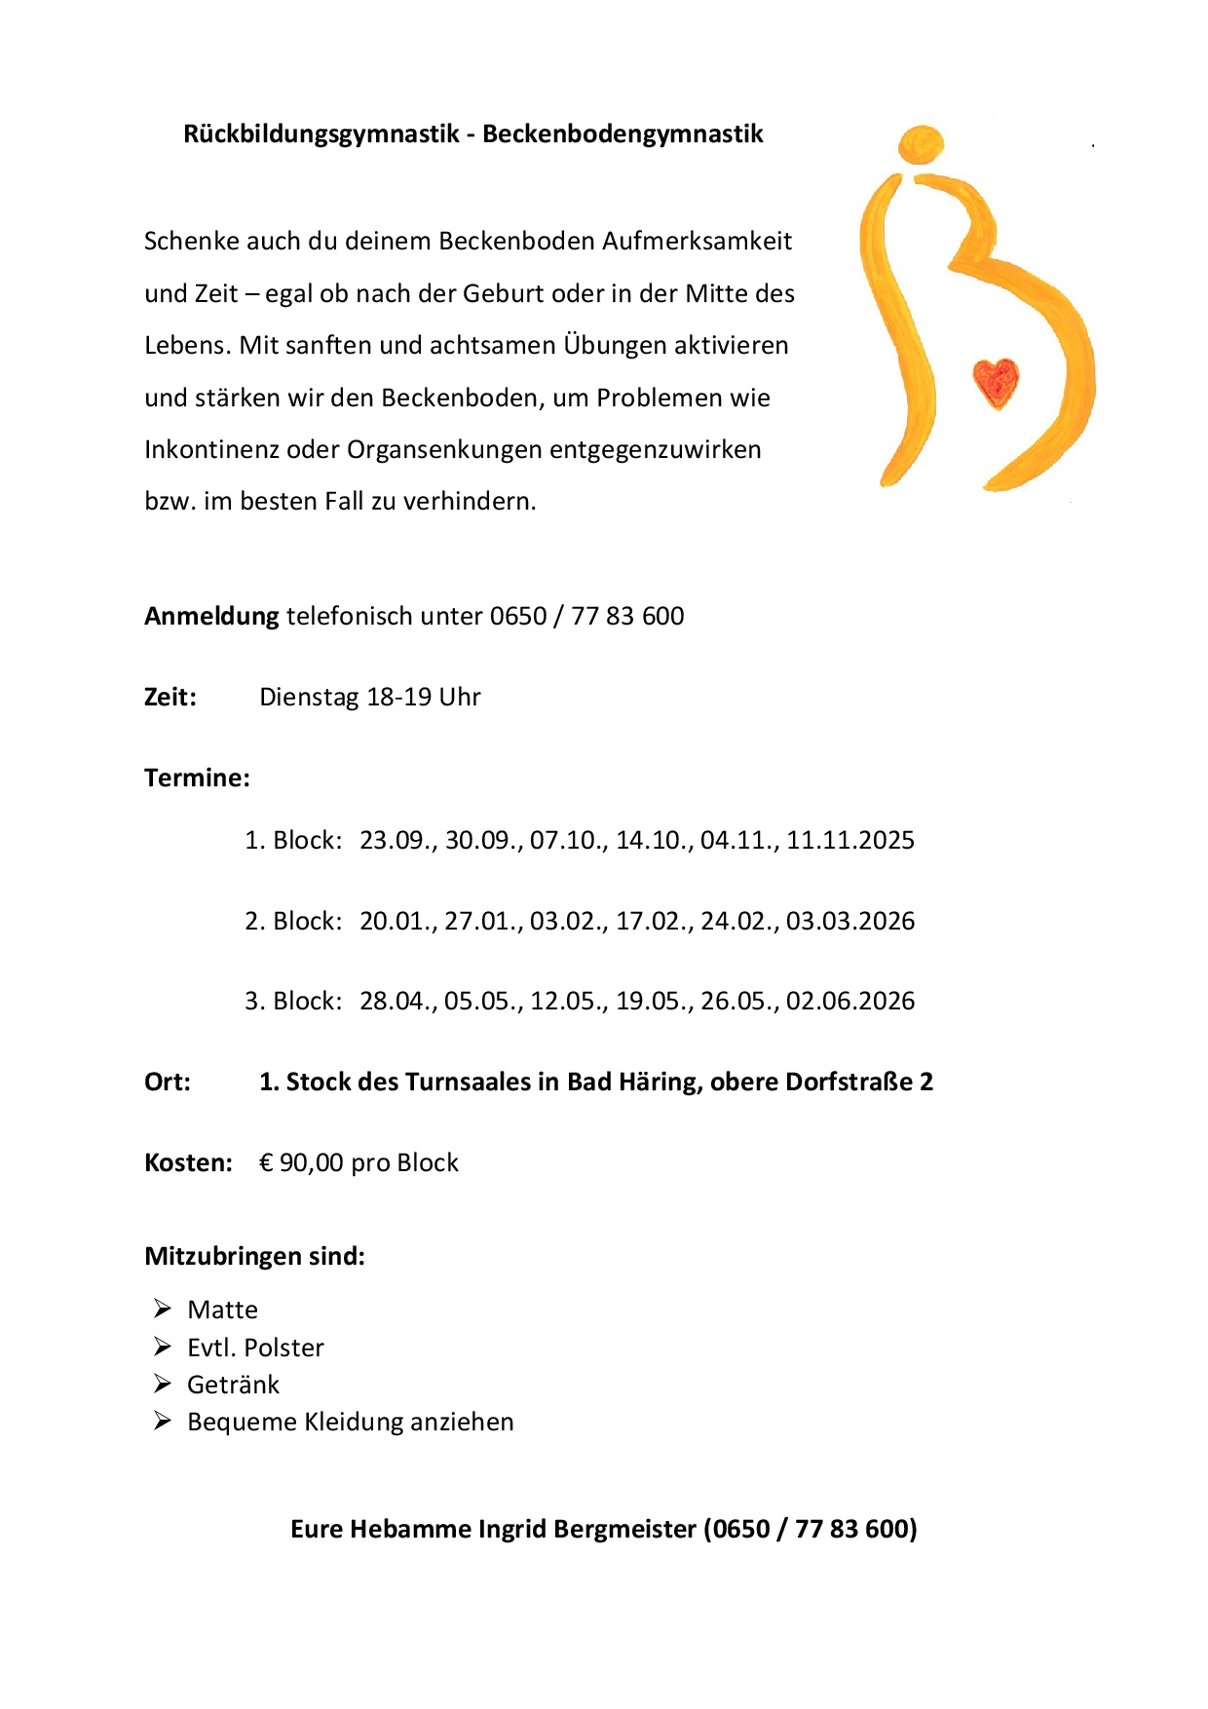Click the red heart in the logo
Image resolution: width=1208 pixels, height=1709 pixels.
996,382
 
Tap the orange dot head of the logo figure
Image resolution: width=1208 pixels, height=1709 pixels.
921,144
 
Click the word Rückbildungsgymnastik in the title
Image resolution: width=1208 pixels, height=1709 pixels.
321,134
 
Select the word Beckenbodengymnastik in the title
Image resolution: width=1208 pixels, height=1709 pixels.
623,134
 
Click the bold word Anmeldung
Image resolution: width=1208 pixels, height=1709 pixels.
211,617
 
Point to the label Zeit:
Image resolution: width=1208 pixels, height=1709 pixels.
170,698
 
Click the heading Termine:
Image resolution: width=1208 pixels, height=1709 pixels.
197,779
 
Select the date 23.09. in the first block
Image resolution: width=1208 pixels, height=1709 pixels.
397,841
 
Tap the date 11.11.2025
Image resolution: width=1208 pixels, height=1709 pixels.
850,841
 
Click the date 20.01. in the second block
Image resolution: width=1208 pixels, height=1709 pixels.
397,922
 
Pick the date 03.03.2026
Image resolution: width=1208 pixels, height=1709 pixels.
850,922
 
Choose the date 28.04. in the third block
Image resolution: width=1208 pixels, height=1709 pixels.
397,1002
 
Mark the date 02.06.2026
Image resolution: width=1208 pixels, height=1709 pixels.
850,1002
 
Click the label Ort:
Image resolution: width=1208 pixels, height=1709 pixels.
168,1082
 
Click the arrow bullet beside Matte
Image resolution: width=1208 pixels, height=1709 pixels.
163,1309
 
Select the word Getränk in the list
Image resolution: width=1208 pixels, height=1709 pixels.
233,1386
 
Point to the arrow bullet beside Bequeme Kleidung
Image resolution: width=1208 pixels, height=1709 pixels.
163,1422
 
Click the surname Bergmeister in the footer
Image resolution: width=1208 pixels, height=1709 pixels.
624,1530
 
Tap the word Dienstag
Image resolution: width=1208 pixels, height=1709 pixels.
309,698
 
